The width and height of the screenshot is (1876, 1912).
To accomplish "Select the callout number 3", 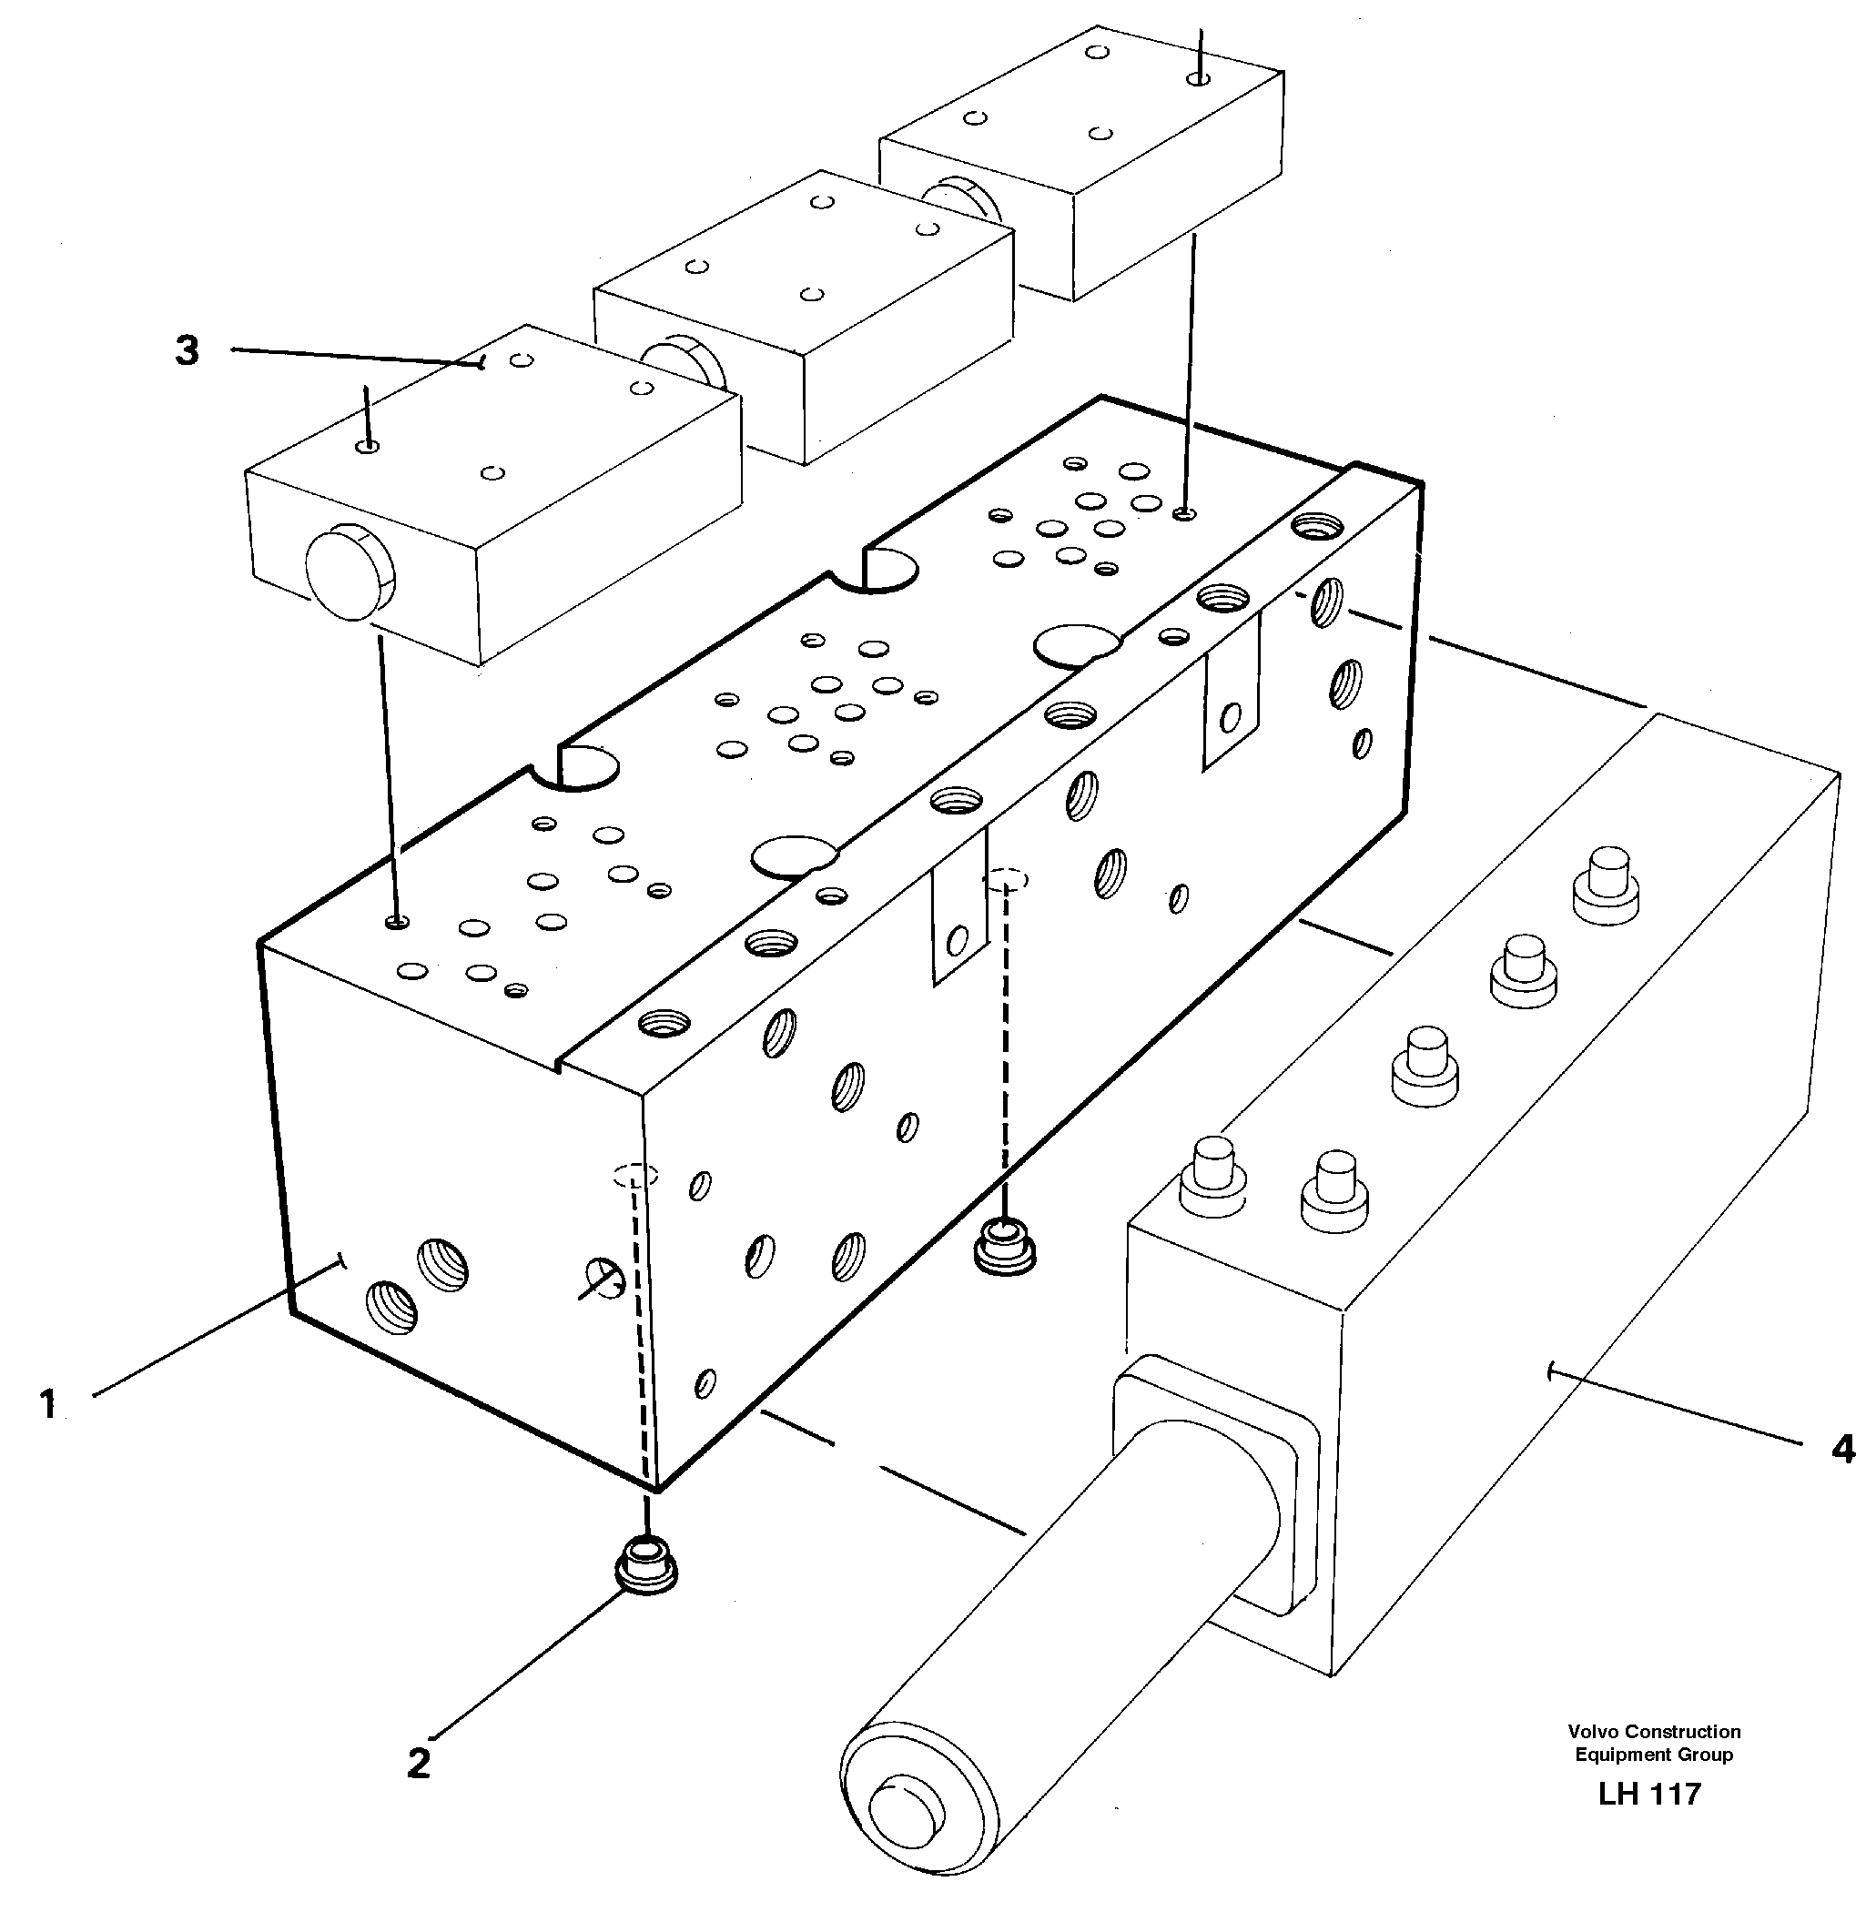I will coord(188,350).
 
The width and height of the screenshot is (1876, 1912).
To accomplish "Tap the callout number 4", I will coord(1841,1449).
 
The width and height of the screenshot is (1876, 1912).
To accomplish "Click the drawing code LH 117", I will coord(1649,1794).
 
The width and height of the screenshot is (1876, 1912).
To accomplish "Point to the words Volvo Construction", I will coord(1653,1732).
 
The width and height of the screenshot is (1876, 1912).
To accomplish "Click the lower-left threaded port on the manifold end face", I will coord(391,1307).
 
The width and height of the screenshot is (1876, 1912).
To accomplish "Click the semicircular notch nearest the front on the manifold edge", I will coord(587,768).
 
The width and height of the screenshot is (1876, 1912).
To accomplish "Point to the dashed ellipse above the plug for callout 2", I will coord(635,1175).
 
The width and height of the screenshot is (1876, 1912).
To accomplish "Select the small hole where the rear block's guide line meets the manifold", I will coord(1187,513).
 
